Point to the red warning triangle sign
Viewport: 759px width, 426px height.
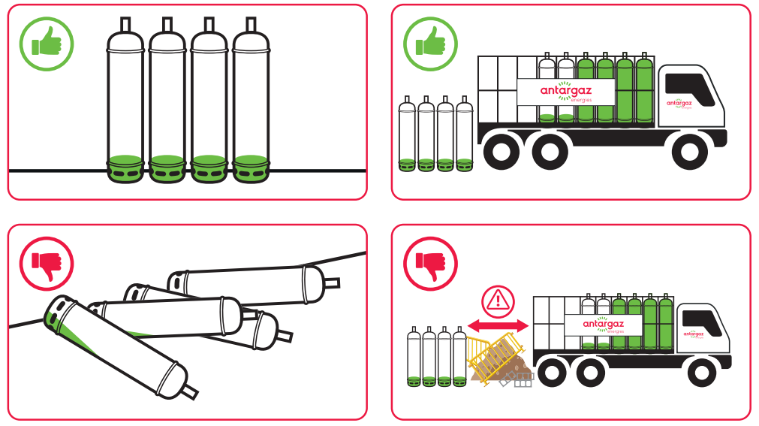497,302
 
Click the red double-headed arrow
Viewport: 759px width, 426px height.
497,325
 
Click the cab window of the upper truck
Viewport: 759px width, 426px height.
689,84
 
